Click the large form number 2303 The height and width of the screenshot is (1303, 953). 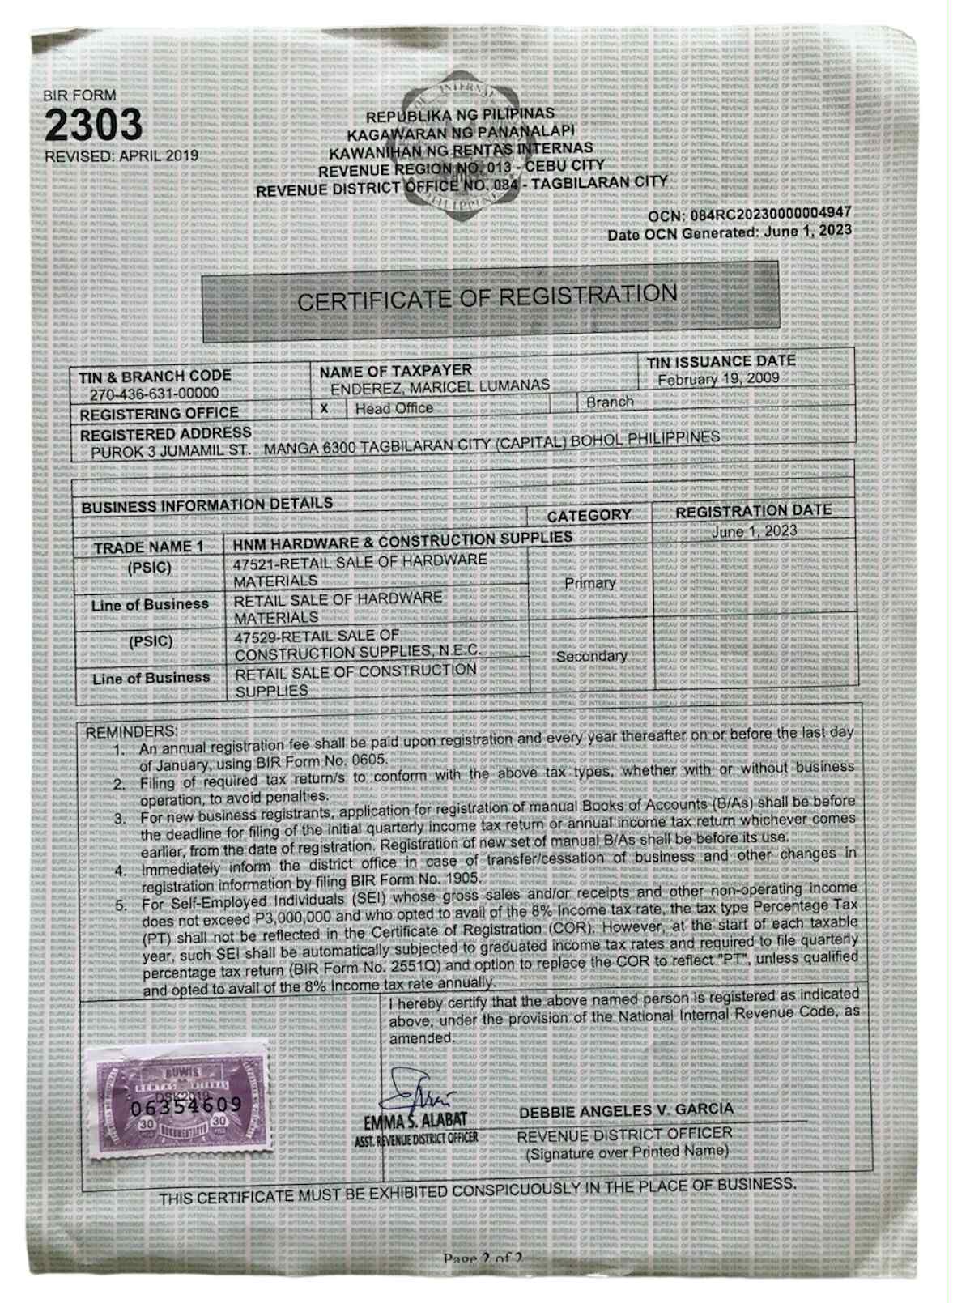coord(93,125)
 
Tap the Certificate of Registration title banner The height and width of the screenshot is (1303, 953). coord(487,297)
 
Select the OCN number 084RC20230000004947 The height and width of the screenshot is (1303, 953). coord(770,215)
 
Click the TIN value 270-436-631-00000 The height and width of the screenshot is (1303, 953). coord(154,394)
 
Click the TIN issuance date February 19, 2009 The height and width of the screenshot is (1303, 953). coord(717,379)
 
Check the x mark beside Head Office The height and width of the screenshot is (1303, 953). coord(324,408)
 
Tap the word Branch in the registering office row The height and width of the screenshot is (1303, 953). coord(610,402)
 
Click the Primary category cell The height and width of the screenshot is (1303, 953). coord(590,582)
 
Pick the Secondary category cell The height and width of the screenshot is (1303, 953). coord(591,656)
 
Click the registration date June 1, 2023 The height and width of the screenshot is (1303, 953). coord(753,532)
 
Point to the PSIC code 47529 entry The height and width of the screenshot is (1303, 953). coord(357,644)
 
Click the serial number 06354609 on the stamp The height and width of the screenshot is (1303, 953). coord(186,1105)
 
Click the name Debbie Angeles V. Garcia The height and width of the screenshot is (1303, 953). coord(626,1109)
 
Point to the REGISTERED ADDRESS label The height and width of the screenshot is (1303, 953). coord(165,434)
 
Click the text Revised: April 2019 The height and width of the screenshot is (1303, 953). coord(121,155)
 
